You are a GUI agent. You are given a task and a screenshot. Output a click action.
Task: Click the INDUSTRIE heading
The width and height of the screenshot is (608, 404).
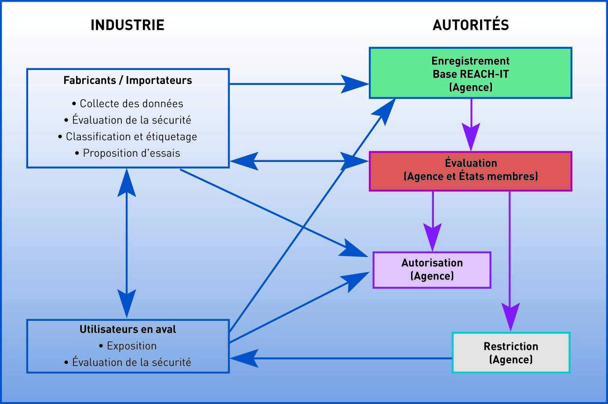(127, 25)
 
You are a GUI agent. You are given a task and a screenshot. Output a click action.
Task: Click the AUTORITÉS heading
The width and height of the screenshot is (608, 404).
(470, 25)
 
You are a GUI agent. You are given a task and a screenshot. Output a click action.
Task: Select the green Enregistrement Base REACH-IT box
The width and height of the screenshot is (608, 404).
(470, 73)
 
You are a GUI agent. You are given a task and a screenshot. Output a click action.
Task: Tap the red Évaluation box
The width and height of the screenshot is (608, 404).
(470, 171)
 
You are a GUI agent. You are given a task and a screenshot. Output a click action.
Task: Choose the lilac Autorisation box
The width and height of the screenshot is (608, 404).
(432, 270)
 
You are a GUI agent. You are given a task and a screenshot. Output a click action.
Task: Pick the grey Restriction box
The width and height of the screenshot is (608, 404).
(511, 353)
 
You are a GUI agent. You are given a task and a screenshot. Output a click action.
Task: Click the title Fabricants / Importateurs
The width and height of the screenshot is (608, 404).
(127, 80)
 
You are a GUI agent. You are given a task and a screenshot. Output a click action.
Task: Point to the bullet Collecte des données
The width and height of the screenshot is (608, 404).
(127, 104)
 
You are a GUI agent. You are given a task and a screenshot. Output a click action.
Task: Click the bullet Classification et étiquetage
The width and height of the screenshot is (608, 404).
(127, 136)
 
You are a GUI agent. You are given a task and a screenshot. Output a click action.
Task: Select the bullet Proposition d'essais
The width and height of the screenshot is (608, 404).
(127, 153)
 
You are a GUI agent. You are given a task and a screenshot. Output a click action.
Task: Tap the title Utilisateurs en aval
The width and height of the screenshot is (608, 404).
(127, 329)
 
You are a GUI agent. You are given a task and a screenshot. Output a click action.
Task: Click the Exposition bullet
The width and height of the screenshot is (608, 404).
(127, 346)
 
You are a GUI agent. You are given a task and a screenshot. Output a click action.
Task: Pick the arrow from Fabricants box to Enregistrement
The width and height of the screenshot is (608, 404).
(299, 84)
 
